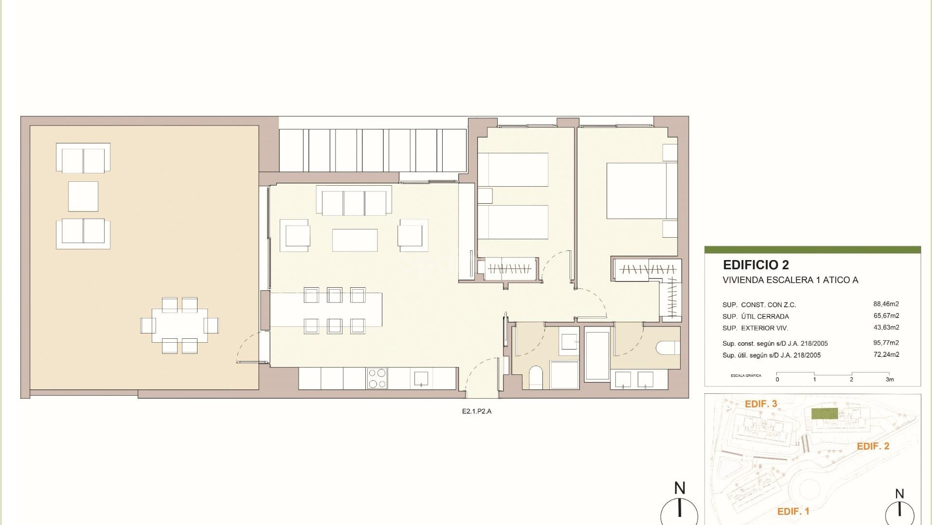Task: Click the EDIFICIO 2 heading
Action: point(755,265)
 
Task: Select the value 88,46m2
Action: point(886,304)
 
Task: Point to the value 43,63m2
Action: point(886,328)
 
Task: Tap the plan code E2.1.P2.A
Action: point(477,411)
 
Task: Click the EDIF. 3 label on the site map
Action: point(761,404)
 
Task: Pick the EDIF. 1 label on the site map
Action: point(793,511)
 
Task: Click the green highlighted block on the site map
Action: point(824,414)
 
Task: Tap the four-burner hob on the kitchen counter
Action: point(377,378)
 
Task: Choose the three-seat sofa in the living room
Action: point(354,201)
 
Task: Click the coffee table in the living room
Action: point(355,240)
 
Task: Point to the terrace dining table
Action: point(180,325)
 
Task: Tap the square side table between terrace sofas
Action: point(83,196)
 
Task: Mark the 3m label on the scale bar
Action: point(889,380)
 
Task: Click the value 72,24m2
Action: point(886,355)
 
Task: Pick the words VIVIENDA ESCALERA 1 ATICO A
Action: point(790,280)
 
